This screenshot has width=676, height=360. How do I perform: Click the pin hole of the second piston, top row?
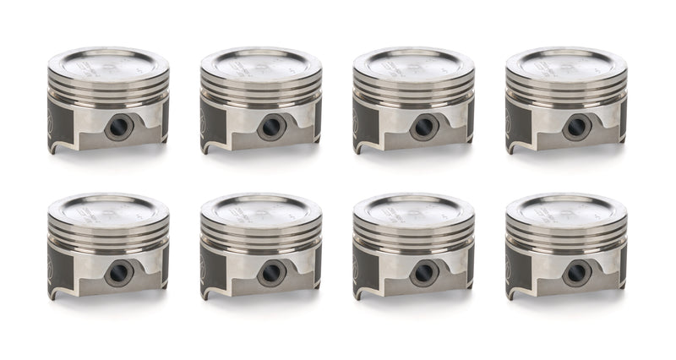coord(270,128)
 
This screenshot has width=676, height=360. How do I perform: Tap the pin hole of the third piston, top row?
coord(422,128)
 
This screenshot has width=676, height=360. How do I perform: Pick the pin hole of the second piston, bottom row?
coord(270,272)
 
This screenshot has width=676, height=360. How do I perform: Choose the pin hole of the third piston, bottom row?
coord(422,272)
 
